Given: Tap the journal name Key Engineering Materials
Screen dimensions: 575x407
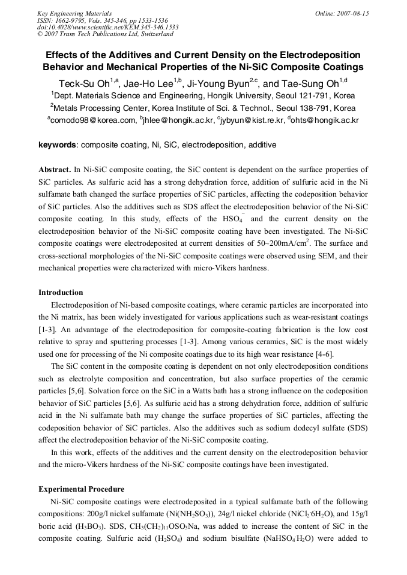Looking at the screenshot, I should coord(74,13).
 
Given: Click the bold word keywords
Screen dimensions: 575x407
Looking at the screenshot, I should coord(58,144).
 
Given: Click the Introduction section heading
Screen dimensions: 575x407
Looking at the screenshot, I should coord(61,293).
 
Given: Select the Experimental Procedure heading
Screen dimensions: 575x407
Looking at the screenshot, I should coord(81,489).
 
